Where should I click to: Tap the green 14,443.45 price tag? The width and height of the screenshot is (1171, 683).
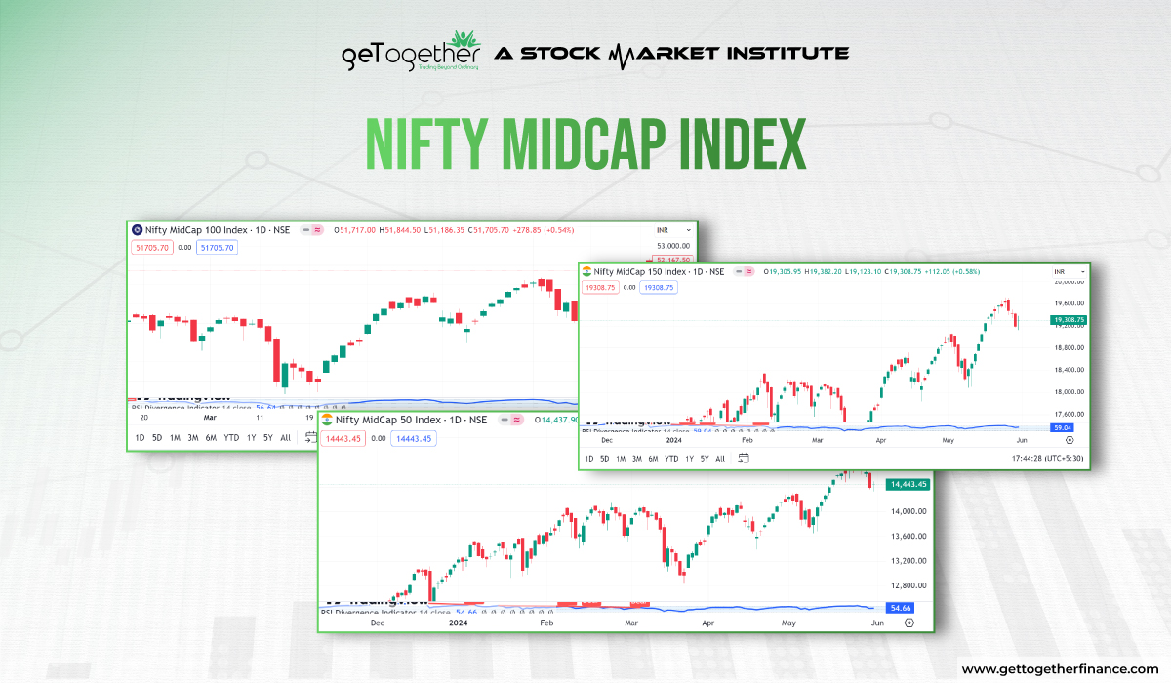[908, 484]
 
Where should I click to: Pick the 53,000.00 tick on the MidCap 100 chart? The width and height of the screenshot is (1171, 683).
[672, 246]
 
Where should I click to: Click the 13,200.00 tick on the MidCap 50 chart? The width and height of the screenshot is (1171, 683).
[908, 561]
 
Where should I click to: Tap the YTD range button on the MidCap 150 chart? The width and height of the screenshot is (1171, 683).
[671, 458]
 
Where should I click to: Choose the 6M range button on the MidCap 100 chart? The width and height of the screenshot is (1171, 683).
[211, 437]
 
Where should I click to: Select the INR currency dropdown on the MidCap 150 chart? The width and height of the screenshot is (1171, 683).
[1061, 271]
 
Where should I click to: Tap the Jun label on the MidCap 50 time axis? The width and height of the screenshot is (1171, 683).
[877, 622]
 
